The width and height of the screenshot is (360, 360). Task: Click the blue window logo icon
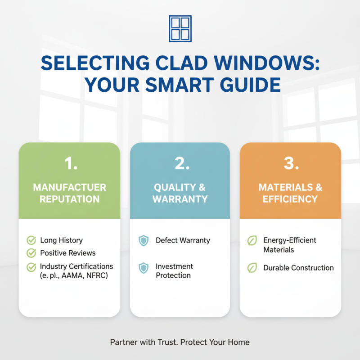(x=180, y=29)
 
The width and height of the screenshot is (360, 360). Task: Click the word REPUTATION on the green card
(x=69, y=199)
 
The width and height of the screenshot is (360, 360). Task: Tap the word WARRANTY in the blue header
(x=180, y=199)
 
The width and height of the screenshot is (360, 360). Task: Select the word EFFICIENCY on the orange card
(x=290, y=199)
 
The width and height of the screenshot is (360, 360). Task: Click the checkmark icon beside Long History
(x=31, y=240)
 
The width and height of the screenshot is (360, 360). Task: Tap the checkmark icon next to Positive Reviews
(x=31, y=253)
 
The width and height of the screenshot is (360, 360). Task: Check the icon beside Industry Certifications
(x=31, y=267)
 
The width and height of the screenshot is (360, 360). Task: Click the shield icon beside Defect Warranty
(x=143, y=241)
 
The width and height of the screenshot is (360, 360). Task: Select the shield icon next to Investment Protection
(x=143, y=269)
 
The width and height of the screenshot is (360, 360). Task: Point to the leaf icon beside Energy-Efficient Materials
(x=252, y=241)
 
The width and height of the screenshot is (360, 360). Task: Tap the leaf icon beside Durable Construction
(x=252, y=268)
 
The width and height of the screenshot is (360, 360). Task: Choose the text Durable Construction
(x=298, y=268)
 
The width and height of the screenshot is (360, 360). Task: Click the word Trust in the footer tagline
(x=167, y=342)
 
